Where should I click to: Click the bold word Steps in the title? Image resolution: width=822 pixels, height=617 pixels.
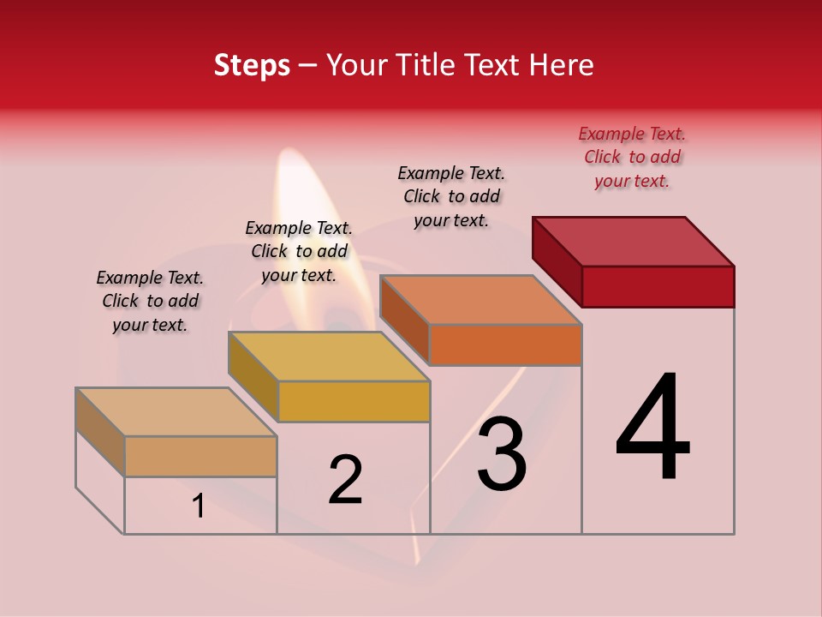[x=252, y=65]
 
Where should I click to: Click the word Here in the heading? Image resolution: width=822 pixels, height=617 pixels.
[x=561, y=65]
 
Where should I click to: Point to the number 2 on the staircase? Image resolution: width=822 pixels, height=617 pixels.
[x=345, y=480]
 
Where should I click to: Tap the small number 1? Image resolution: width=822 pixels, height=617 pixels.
[x=199, y=506]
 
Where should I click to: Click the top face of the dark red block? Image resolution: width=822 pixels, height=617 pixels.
[x=634, y=241]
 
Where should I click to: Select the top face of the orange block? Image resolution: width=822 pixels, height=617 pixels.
[x=480, y=300]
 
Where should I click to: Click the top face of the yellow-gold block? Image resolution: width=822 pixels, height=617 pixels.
[x=329, y=356]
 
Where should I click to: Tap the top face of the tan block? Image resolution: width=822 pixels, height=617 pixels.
[x=176, y=412]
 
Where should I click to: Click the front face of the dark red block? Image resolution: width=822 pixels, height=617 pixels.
[x=658, y=286]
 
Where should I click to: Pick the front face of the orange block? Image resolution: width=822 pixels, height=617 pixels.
[x=505, y=345]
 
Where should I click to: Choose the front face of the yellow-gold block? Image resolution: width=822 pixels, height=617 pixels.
[x=354, y=402]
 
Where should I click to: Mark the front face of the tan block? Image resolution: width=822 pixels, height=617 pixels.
[x=200, y=457]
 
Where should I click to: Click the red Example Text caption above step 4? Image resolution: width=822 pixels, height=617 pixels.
[x=632, y=157]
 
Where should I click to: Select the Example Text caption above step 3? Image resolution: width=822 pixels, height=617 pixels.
[x=451, y=196]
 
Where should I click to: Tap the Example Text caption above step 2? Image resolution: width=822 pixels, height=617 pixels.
[x=299, y=251]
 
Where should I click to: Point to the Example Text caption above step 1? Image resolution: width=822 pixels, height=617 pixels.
[x=150, y=301]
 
